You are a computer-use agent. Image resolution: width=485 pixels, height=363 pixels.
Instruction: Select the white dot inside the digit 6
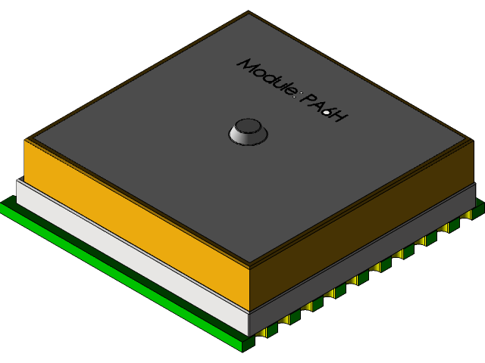(327, 113)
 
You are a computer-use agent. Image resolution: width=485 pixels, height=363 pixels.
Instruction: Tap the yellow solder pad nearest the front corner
(263, 332)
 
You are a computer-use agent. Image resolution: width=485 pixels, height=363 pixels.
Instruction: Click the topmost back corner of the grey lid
(249, 14)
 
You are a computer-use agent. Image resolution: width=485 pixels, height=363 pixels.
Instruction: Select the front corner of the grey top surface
(250, 262)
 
